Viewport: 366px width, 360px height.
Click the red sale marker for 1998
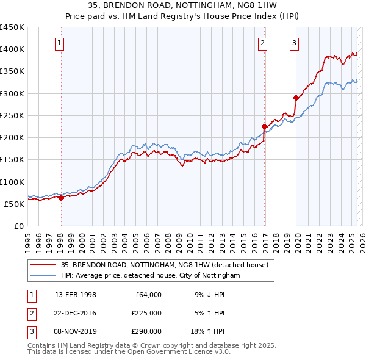coord(61,198)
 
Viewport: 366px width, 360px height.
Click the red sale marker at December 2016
coord(265,127)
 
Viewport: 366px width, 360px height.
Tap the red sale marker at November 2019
coord(296,98)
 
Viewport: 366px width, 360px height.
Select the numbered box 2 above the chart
coord(262,43)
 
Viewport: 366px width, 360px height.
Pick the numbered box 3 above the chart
coord(294,43)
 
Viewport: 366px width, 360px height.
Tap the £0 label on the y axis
coord(18,226)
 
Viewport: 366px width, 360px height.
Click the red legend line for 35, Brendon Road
coord(43,265)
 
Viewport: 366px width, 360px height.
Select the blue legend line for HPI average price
coord(43,275)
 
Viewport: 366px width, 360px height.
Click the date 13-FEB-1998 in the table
coord(76,295)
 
